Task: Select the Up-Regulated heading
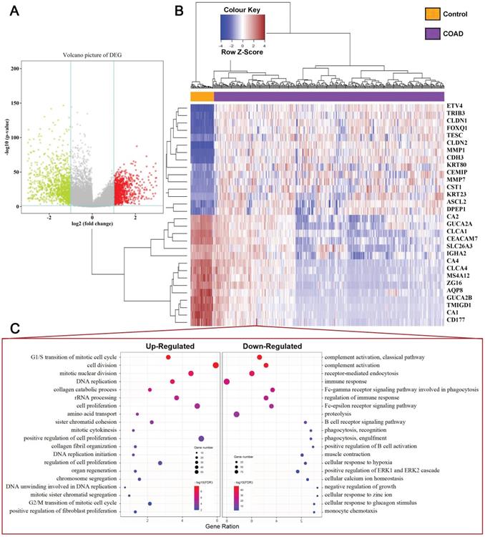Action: click(x=172, y=346)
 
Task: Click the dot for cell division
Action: click(x=215, y=366)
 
